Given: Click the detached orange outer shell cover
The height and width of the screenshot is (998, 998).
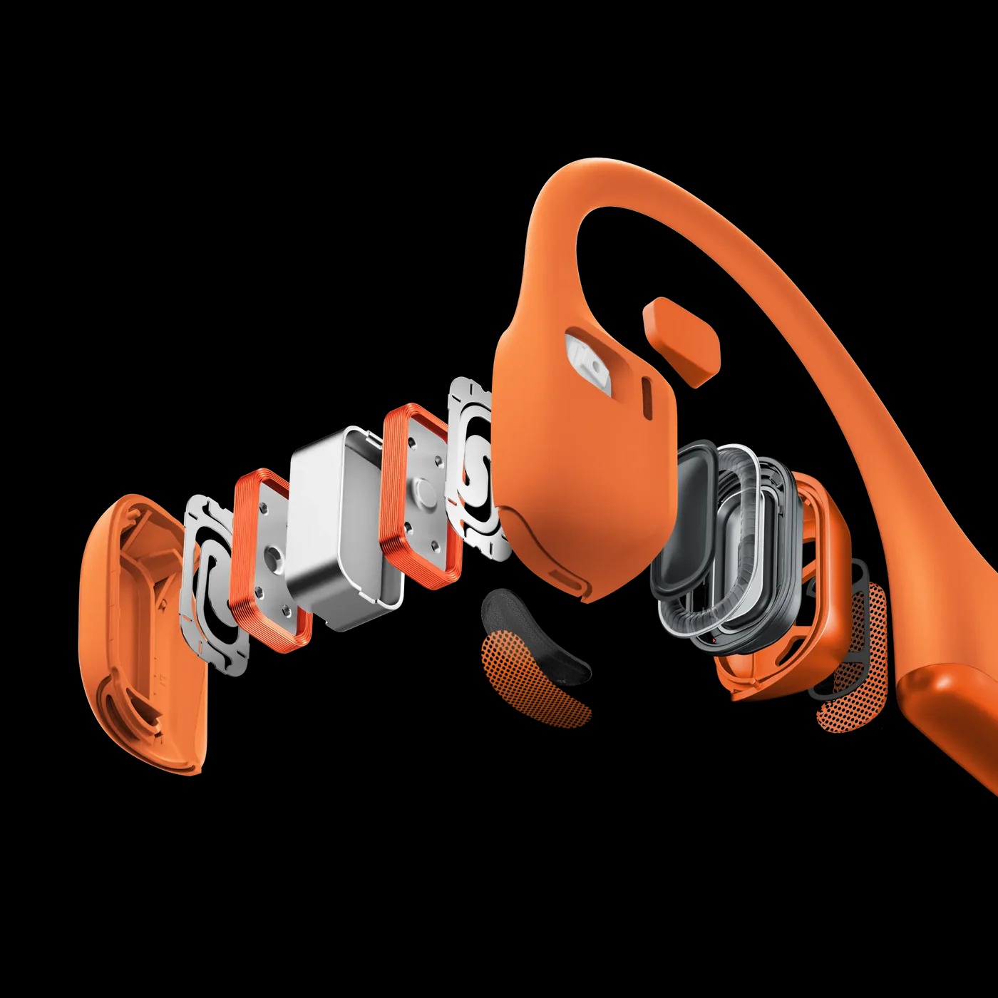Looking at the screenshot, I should coord(135,634).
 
